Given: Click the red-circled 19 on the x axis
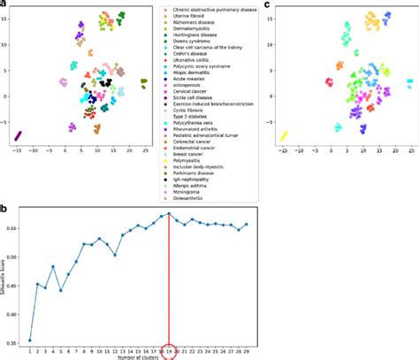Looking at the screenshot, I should coord(170,350).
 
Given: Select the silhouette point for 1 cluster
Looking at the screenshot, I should coord(30,340).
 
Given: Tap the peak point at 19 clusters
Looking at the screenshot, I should coord(170,213).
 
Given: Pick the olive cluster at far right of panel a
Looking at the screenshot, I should coord(143,82).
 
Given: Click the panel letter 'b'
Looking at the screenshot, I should coord(4,209).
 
